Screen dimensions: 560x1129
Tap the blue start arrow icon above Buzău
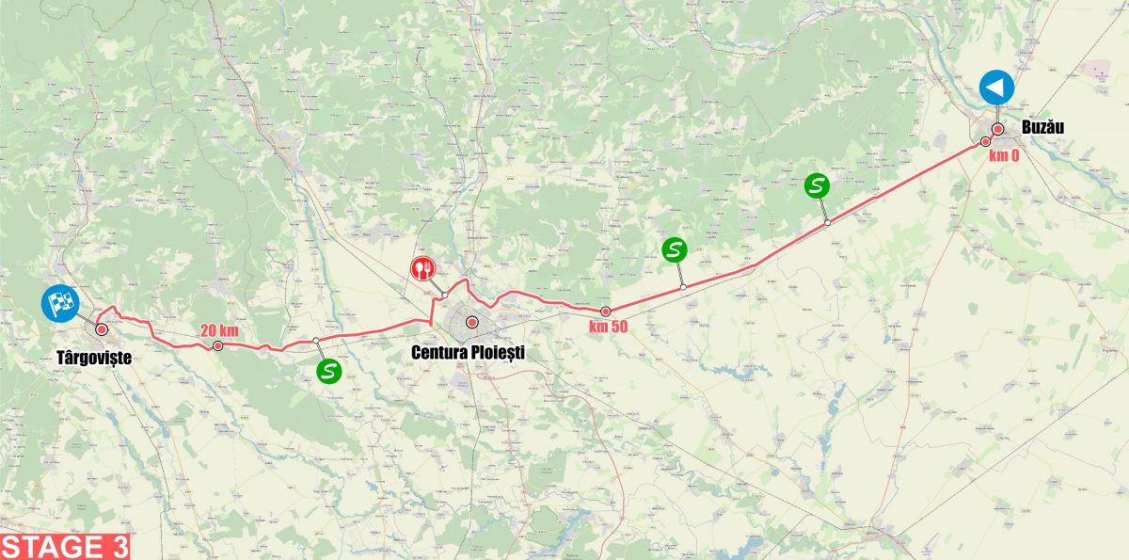point(995,88)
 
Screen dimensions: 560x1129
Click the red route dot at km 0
point(985,142)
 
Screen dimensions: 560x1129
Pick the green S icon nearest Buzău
point(817,185)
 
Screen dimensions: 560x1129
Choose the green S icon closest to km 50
point(675,249)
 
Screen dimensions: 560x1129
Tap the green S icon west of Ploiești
point(327,371)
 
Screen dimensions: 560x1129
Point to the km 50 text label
point(609,327)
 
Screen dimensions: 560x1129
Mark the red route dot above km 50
point(606,312)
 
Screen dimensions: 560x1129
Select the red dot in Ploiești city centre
point(472,323)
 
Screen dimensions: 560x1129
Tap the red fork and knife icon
point(422,268)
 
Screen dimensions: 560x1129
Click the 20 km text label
point(217,330)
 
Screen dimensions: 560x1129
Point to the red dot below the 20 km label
point(217,346)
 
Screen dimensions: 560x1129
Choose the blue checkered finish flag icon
point(59,302)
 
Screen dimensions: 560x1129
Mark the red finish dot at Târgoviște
point(100,329)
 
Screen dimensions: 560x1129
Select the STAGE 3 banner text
point(64,547)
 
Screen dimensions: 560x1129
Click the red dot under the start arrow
point(997,129)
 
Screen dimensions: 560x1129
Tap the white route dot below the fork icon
point(443,296)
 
